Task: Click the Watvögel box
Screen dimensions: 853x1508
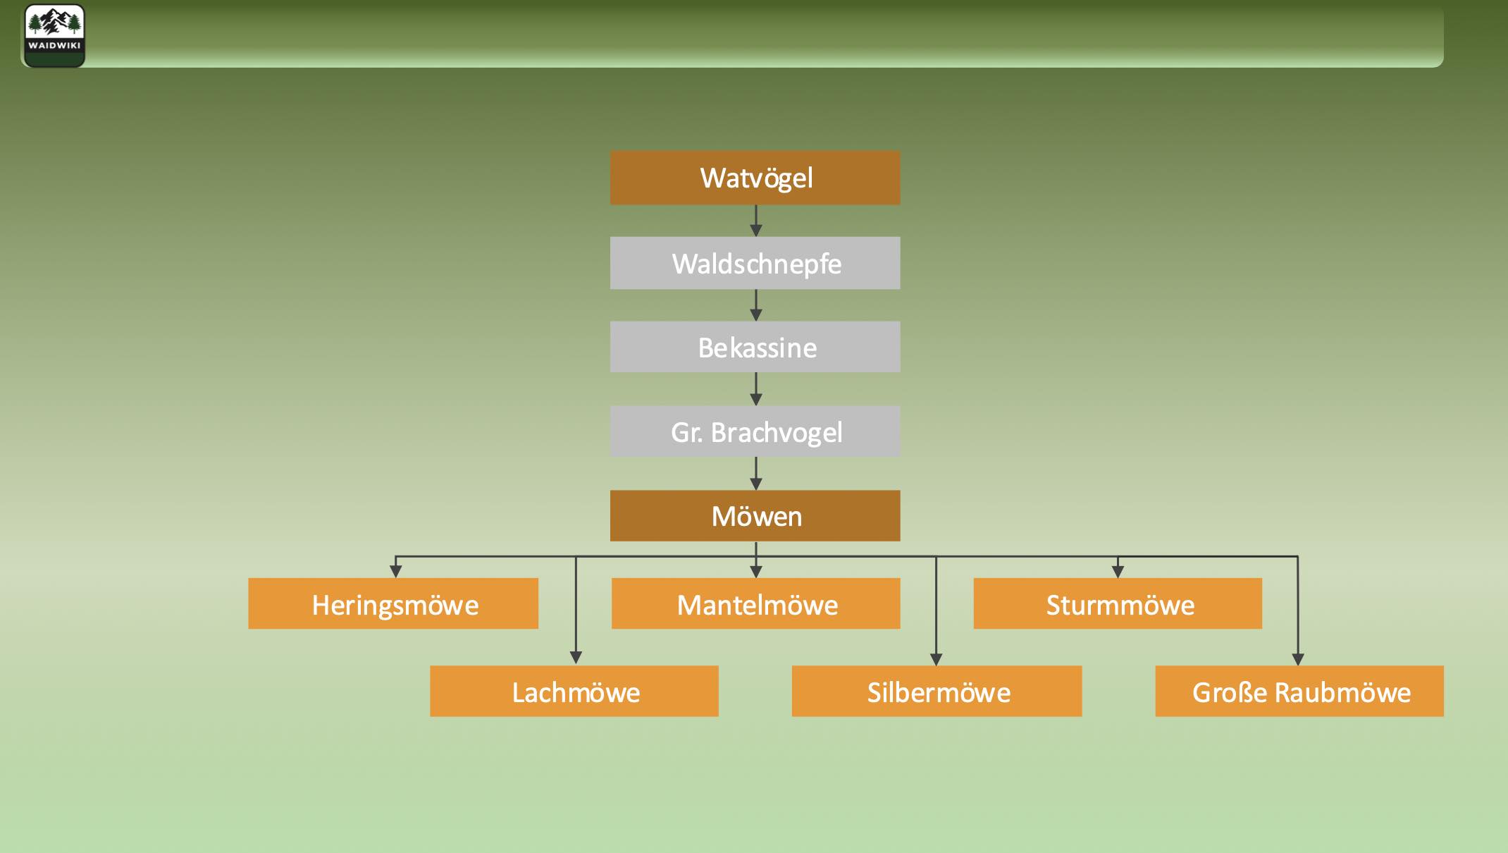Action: click(755, 178)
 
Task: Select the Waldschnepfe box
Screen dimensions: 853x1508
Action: click(755, 263)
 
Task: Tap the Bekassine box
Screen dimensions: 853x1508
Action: click(755, 347)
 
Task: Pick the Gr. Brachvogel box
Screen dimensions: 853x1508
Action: click(755, 431)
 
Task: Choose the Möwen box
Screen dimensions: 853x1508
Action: click(755, 516)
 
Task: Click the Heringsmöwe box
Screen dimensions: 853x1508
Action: click(393, 604)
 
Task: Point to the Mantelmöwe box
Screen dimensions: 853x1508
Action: click(755, 604)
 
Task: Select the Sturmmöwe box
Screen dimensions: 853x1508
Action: click(1118, 604)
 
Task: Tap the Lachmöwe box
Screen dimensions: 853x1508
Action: click(574, 692)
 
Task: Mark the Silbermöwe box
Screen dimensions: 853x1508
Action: click(937, 692)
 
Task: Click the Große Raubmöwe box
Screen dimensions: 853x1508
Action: click(1299, 692)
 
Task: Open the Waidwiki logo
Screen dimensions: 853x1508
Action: click(54, 35)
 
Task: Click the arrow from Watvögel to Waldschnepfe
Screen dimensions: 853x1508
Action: click(756, 221)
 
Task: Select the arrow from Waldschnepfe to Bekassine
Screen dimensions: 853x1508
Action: click(756, 306)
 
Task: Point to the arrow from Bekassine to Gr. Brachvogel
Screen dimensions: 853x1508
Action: click(756, 390)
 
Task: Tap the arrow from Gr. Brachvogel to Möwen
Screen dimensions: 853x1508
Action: click(756, 474)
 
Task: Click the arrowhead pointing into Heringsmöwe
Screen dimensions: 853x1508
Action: click(396, 571)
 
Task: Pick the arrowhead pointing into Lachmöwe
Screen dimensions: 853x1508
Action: click(576, 658)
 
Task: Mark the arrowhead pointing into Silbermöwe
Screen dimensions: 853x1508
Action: click(936, 659)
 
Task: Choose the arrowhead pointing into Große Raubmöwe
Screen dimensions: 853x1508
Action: click(1298, 659)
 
